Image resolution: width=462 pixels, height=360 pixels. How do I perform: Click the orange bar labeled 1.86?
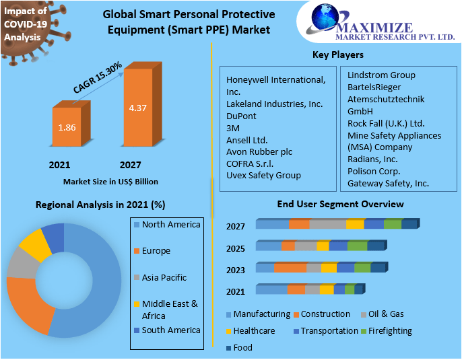pyautogui.click(x=67, y=127)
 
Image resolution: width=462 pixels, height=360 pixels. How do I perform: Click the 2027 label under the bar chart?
pyautogui.click(x=130, y=164)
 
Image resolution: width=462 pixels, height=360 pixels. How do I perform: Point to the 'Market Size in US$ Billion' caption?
pyautogui.click(x=111, y=182)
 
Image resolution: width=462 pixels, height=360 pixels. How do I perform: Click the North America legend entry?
pyautogui.click(x=171, y=224)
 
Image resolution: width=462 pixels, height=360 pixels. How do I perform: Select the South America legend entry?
pyautogui.click(x=171, y=330)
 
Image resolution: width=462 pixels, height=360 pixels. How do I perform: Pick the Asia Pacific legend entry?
pyautogui.click(x=164, y=277)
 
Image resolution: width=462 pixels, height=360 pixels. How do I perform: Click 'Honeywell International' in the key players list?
pyautogui.click(x=275, y=79)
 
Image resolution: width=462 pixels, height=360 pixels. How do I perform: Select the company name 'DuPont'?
pyautogui.click(x=240, y=116)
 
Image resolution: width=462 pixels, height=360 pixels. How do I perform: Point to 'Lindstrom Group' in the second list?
pyautogui.click(x=382, y=75)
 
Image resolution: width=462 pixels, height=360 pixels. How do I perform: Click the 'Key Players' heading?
pyautogui.click(x=337, y=55)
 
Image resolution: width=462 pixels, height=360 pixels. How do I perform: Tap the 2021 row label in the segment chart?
pyautogui.click(x=236, y=291)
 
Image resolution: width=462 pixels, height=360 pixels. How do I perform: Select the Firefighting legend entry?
pyautogui.click(x=390, y=330)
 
